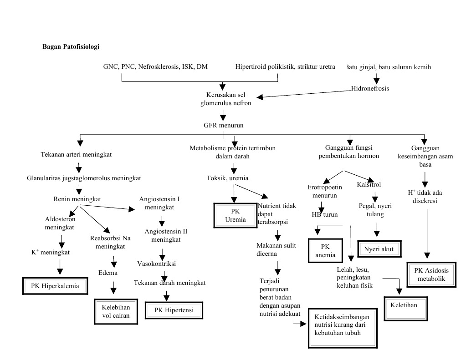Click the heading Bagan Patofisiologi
[x=71, y=46]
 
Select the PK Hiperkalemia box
[x=55, y=286]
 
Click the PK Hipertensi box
[x=174, y=310]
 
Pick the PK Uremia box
[x=235, y=215]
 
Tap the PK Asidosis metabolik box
[x=431, y=274]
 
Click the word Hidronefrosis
[x=370, y=89]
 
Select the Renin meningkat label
[x=77, y=199]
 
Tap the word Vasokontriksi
[x=157, y=264]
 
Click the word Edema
[x=108, y=273]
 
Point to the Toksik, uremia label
[x=228, y=177]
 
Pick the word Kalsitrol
[x=369, y=185]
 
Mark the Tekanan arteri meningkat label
[x=77, y=154]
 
